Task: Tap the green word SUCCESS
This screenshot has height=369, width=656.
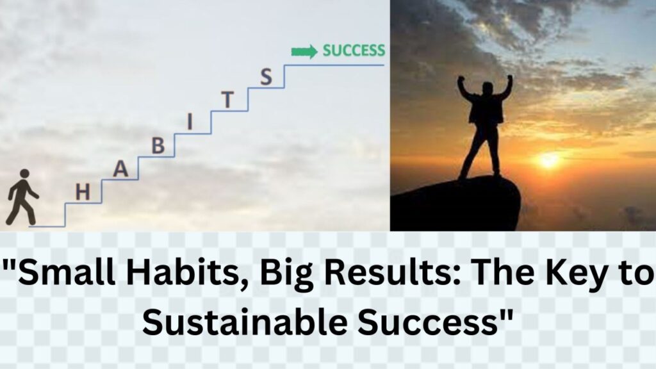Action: coord(354,51)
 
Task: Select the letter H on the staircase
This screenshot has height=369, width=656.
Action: coord(83,192)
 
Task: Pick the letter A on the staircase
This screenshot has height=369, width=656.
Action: coord(120,169)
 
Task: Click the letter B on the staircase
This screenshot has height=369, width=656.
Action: coord(158,146)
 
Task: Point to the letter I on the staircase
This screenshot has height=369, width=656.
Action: coord(190,122)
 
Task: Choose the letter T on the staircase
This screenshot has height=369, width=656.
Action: coord(227,100)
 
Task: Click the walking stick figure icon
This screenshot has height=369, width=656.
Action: coord(21,197)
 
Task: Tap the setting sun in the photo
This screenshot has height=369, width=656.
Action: coord(548,160)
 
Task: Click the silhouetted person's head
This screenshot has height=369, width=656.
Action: coord(488,88)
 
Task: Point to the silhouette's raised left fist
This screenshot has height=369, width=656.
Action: coord(510,79)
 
